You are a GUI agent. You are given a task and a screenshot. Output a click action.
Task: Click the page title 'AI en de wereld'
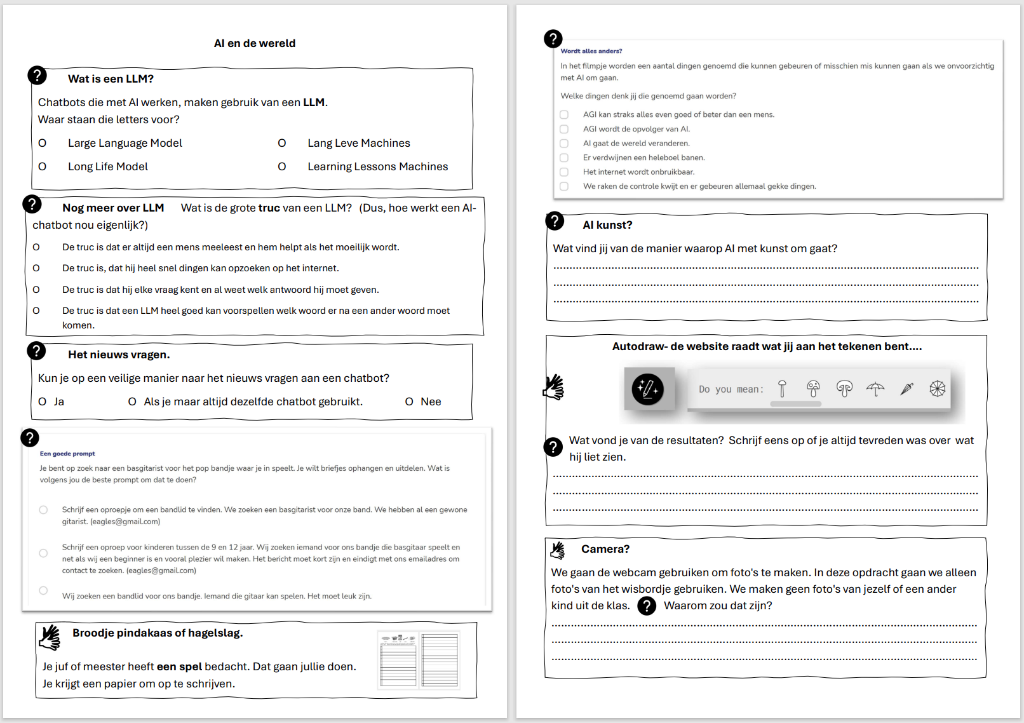(255, 43)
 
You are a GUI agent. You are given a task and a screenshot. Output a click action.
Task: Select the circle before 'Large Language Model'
(43, 143)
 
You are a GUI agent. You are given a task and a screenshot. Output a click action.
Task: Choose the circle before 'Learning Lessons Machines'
(282, 166)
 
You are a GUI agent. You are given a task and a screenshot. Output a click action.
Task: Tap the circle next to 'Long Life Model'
(43, 166)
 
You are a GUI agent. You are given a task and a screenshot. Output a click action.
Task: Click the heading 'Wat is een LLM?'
(111, 79)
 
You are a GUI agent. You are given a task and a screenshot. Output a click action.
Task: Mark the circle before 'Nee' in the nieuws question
(409, 402)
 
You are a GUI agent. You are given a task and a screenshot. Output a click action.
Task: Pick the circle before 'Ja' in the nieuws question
(43, 402)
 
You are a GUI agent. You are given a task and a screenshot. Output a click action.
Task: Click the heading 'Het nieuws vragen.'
(119, 355)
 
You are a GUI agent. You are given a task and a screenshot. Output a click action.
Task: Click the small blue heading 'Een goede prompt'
(67, 454)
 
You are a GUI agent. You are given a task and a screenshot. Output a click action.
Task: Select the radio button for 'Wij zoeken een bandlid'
(43, 590)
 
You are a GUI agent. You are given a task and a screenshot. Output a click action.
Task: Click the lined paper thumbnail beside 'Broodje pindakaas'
(419, 660)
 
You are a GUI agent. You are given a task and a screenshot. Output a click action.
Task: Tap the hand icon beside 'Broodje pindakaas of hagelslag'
(50, 637)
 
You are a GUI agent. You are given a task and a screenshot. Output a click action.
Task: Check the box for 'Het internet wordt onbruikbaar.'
(564, 172)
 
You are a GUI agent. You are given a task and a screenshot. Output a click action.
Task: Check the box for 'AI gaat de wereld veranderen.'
(564, 144)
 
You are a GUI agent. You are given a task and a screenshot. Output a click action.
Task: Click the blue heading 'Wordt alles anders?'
(591, 51)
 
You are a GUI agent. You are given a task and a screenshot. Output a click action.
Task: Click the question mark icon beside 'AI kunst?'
(555, 221)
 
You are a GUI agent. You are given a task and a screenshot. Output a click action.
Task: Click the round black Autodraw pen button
(648, 389)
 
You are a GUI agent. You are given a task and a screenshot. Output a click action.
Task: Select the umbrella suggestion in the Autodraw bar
(875, 389)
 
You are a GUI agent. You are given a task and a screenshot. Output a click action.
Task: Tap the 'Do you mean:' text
(731, 389)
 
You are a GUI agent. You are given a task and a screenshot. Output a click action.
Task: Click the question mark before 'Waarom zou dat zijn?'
(647, 606)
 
